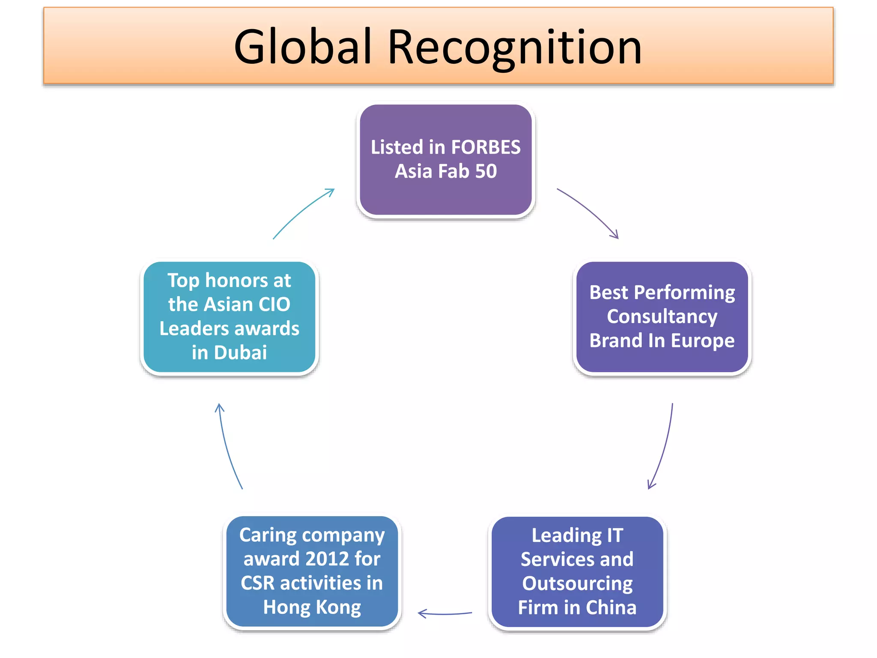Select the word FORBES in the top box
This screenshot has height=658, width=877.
(486, 147)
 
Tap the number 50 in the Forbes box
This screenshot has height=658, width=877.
(486, 171)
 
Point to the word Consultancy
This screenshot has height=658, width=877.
(662, 317)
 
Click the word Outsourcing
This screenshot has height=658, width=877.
(577, 583)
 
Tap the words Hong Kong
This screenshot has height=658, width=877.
(312, 607)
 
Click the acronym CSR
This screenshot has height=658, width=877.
(257, 583)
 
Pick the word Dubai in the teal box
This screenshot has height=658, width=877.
(240, 353)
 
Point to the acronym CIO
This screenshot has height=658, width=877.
(274, 305)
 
